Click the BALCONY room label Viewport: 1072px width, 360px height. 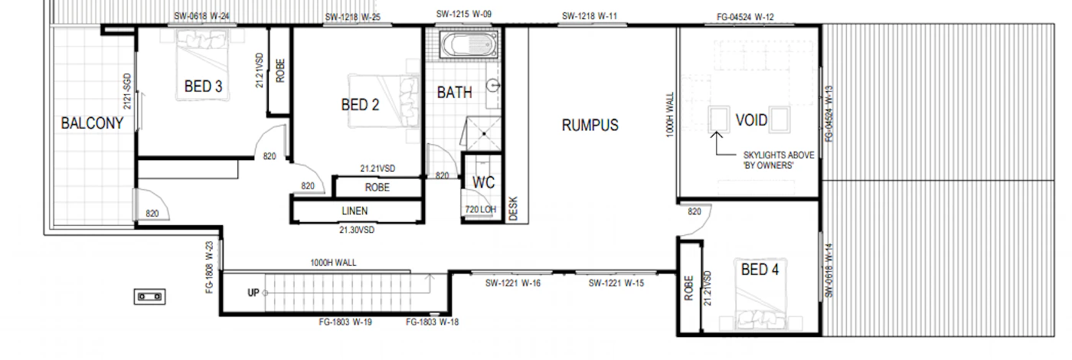[92, 123]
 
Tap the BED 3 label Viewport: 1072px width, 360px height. [204, 86]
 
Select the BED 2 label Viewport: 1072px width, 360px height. [360, 104]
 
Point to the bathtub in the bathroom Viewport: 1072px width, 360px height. [469, 45]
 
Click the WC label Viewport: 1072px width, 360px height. [483, 182]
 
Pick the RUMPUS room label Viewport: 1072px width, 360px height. [590, 126]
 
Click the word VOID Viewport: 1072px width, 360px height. [751, 119]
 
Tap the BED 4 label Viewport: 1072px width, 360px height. [760, 270]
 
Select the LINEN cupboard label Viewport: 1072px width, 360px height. [355, 211]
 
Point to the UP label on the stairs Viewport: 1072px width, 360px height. [253, 293]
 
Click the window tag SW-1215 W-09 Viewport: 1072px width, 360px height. [464, 14]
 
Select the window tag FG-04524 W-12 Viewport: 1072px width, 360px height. [745, 17]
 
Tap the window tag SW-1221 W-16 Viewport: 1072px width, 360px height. [513, 283]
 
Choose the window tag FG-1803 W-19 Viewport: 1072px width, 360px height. [345, 322]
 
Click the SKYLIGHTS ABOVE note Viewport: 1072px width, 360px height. [779, 155]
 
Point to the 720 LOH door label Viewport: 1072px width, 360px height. [481, 209]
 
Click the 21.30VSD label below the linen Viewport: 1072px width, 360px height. [357, 230]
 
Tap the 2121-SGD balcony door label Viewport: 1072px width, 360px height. [127, 91]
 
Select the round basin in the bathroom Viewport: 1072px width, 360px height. [493, 86]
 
